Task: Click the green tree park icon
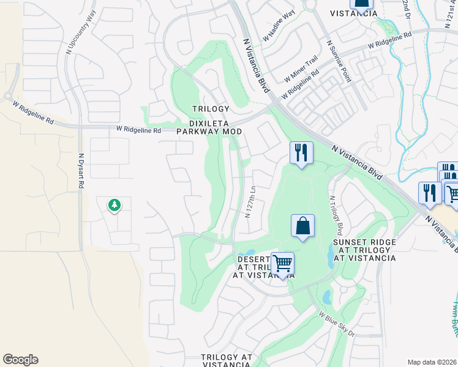point(114,205)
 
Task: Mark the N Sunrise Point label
point(338,62)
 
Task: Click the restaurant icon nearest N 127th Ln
point(301,152)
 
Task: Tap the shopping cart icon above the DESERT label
point(282,264)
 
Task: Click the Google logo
point(20,360)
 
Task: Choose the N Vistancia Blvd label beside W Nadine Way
point(256,65)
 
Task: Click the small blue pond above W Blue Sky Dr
point(326,297)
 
